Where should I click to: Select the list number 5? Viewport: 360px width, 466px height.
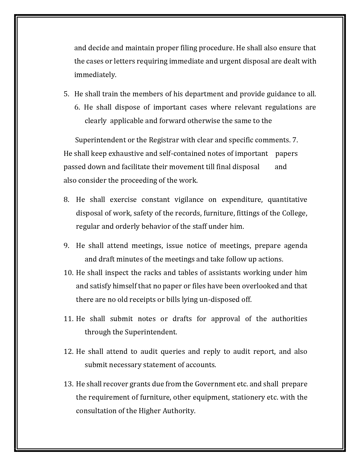[x=66, y=94]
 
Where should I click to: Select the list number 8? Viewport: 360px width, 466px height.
[x=66, y=200]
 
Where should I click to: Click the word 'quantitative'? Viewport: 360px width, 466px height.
[x=287, y=200]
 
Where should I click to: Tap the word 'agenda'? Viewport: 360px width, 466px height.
[x=295, y=246]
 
